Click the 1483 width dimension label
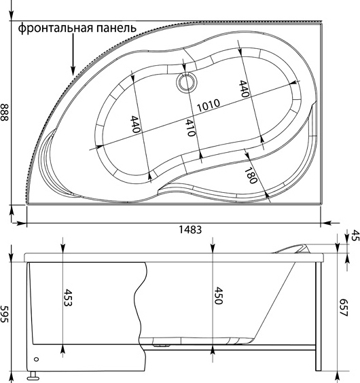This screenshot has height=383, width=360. point(190,230)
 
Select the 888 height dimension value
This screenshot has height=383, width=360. point(5,112)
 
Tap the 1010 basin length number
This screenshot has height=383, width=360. point(209,105)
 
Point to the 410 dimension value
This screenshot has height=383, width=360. point(190,128)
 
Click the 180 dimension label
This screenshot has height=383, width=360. point(251,175)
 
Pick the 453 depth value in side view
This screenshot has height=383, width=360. point(68,297)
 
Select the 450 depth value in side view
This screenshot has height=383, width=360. point(218,296)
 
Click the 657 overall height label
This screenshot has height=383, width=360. point(343,308)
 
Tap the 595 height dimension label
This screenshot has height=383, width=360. point(4,314)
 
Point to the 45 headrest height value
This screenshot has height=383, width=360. point(355,236)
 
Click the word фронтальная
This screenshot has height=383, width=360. point(56,28)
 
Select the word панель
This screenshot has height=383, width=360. point(116,29)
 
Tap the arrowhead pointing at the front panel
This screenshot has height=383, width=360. point(73,71)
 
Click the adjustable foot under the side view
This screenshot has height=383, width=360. point(33,376)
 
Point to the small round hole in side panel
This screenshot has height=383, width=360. point(37,359)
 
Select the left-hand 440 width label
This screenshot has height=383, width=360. point(135,124)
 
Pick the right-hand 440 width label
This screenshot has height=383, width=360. point(244,89)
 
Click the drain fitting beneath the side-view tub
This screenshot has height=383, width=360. point(161,345)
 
